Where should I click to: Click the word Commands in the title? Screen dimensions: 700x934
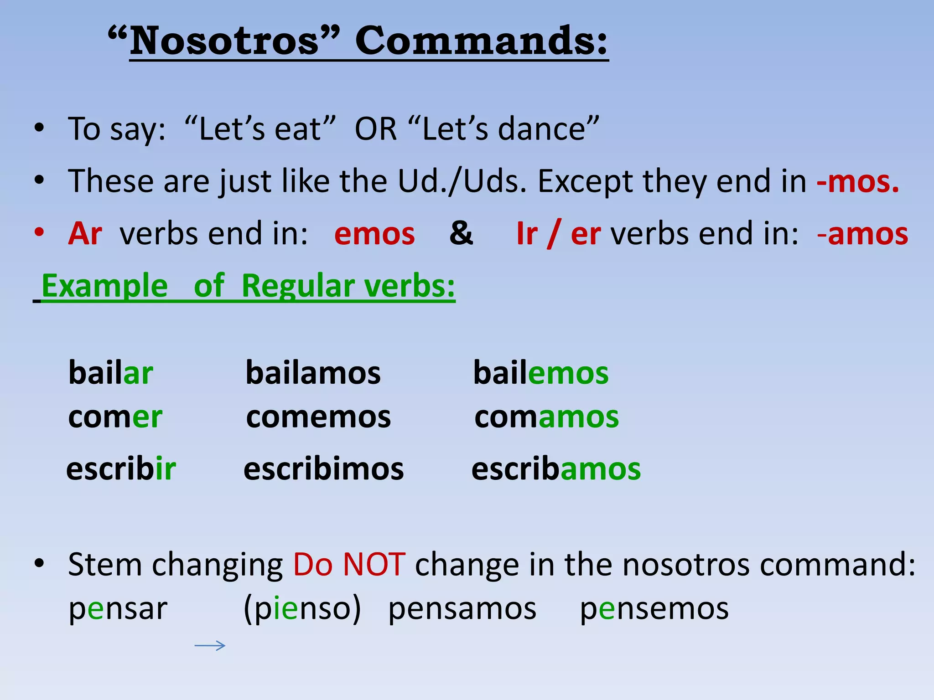pos(481,41)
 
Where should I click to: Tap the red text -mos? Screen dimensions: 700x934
pos(857,181)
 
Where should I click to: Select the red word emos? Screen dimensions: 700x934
pos(374,234)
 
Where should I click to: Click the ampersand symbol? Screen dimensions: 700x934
pos(461,233)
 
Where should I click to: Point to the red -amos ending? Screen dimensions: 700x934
pos(863,234)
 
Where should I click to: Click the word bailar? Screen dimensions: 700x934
pos(110,373)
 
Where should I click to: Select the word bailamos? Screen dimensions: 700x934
pos(313,373)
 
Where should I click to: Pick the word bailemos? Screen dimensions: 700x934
pos(541,373)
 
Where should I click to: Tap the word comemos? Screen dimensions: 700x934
pos(318,417)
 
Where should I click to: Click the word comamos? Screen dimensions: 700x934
pos(546,417)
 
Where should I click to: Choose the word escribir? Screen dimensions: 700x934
pos(121,469)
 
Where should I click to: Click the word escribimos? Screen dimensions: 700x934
pos(324,469)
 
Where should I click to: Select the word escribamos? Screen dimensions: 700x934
pos(556,469)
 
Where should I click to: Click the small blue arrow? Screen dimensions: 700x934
pos(210,645)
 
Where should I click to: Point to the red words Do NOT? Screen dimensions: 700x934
pos(349,565)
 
